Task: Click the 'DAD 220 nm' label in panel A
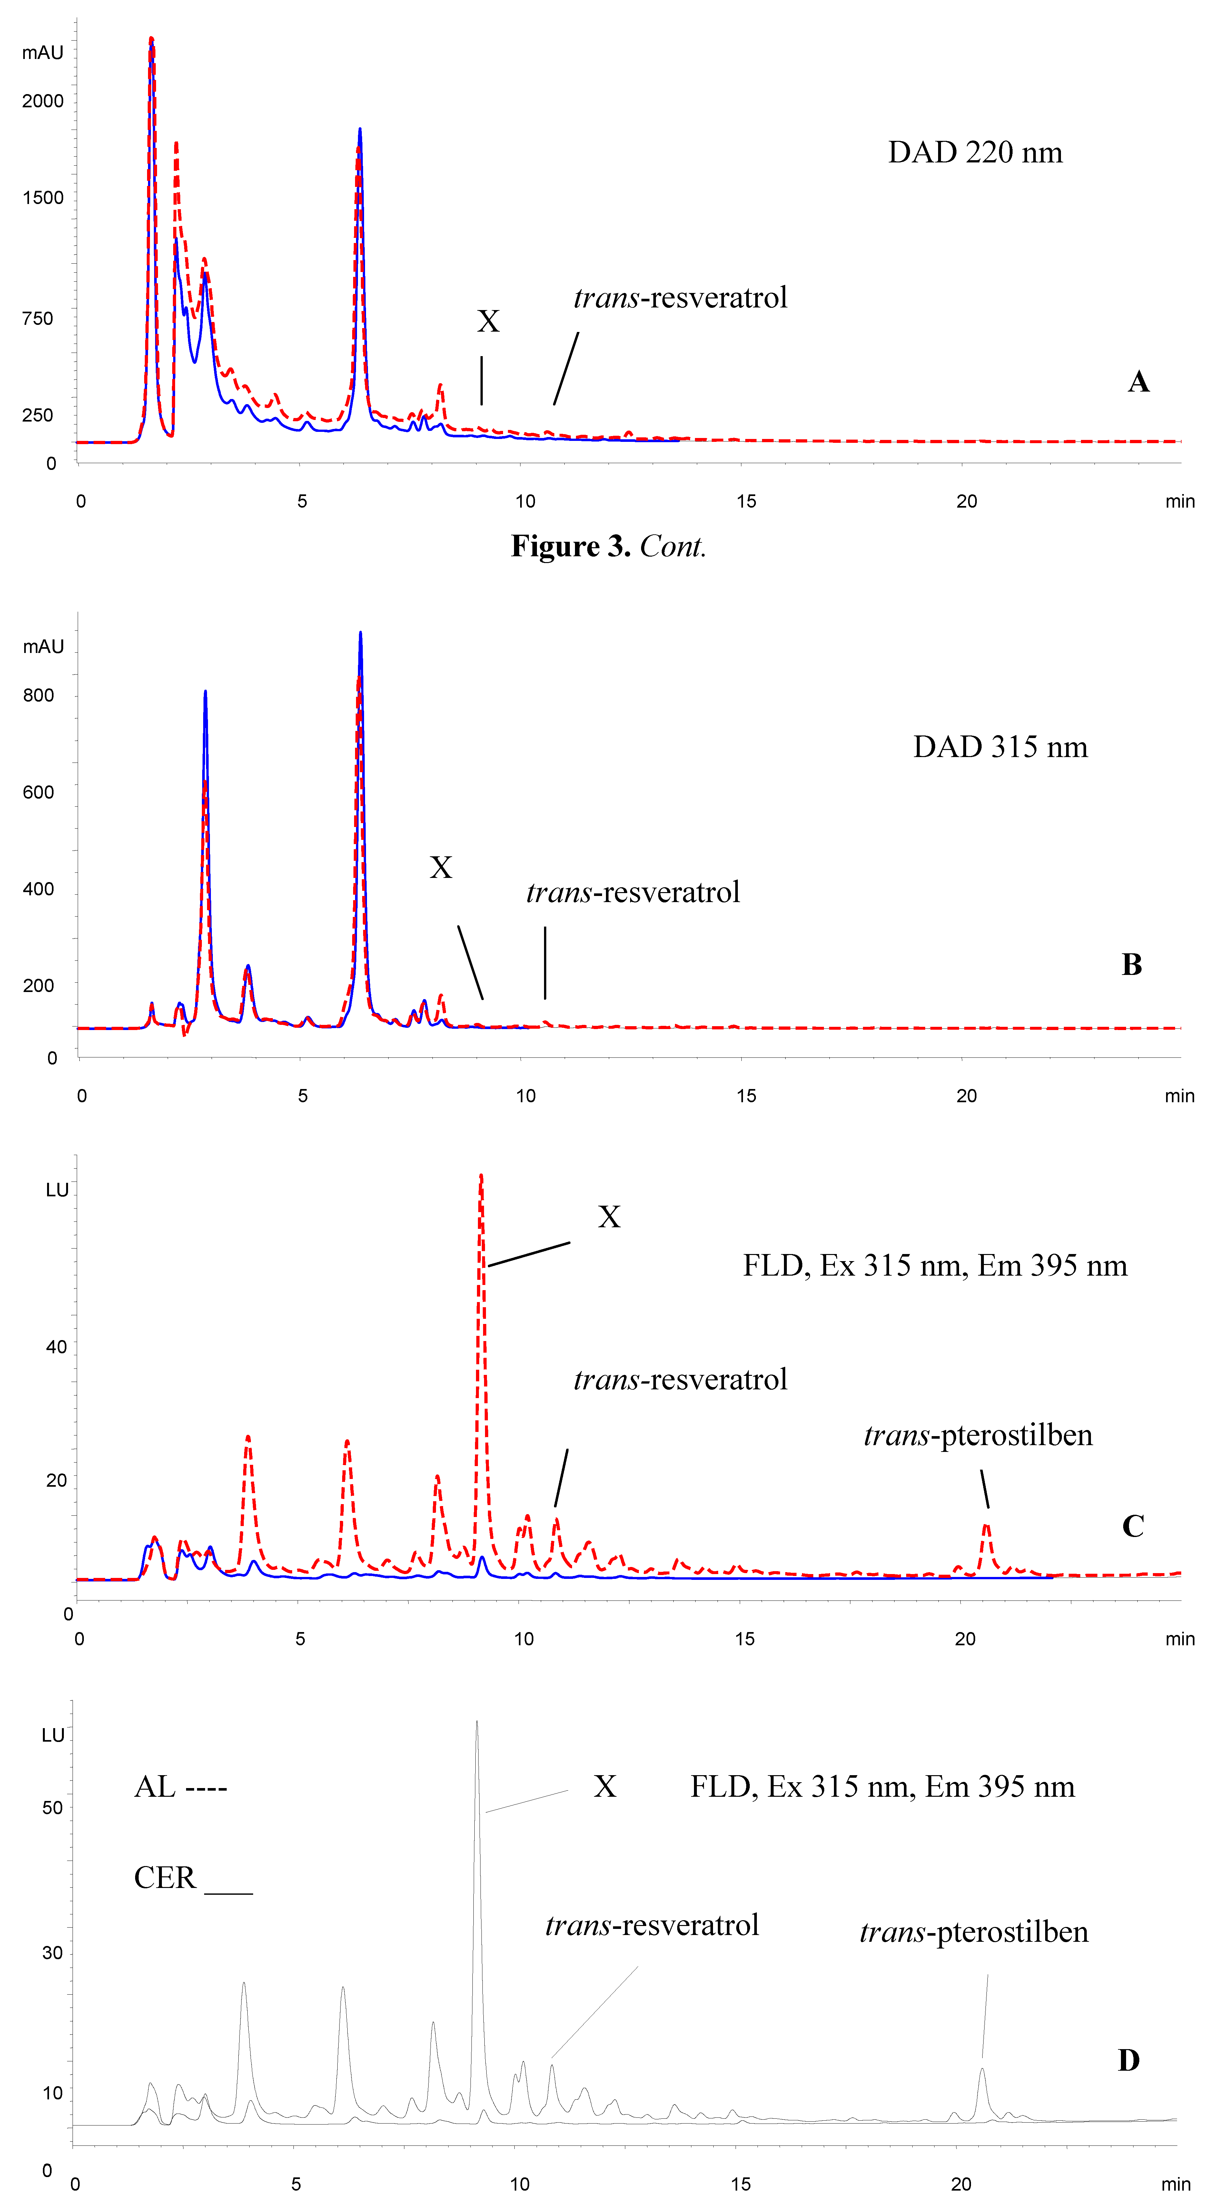(975, 152)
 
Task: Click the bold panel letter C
(1133, 1527)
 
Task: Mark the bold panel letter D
(1128, 2061)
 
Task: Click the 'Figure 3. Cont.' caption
(608, 546)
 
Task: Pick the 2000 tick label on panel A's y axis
(43, 101)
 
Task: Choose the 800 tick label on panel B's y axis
(39, 695)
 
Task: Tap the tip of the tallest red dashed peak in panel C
(481, 1175)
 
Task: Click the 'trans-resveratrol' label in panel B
(633, 892)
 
